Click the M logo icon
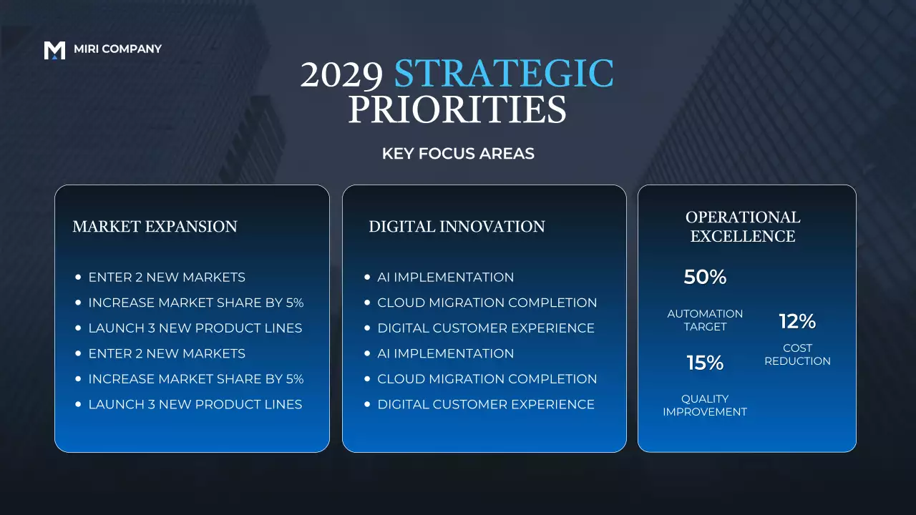(x=54, y=50)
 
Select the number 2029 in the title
(x=341, y=74)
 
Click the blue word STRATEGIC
(x=504, y=74)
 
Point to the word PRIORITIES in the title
(x=457, y=109)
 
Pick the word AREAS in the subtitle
(x=507, y=154)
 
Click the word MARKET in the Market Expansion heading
(x=106, y=227)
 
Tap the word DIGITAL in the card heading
(x=401, y=227)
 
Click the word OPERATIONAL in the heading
(x=743, y=217)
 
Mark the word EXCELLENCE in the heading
(x=743, y=236)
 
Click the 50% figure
(x=705, y=278)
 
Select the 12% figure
(x=797, y=322)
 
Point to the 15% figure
(x=705, y=363)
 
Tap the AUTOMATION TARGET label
(x=705, y=320)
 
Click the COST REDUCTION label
(x=797, y=355)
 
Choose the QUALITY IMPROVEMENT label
(x=705, y=406)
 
